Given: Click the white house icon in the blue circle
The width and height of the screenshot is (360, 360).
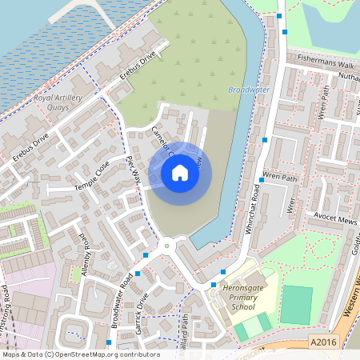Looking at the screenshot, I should pos(179,173).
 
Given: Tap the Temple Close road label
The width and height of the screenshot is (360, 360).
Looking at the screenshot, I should pos(91,174).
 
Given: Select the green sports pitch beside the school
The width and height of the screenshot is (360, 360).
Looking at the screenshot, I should pos(297,305).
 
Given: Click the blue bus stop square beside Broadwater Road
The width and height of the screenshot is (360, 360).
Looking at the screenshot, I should pos(138,274).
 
